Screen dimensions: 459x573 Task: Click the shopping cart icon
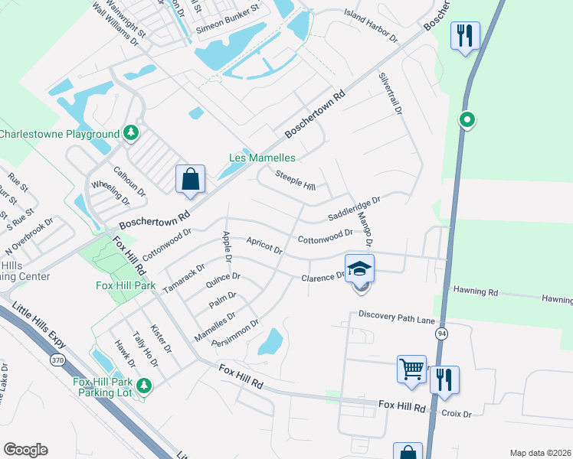coord(411,369)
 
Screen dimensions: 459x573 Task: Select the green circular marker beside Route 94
coord(467,120)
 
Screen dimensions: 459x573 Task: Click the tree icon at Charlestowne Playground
coord(132,133)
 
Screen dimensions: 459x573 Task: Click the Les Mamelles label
coord(263,158)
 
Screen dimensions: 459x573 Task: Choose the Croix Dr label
coord(456,414)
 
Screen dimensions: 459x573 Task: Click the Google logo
coord(25,450)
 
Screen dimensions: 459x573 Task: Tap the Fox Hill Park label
coord(126,285)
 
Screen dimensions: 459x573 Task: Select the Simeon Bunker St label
coord(228,24)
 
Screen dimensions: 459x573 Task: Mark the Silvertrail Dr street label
coord(389,94)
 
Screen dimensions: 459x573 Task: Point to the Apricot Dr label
coord(264,246)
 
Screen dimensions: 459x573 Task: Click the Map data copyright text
coord(539,452)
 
